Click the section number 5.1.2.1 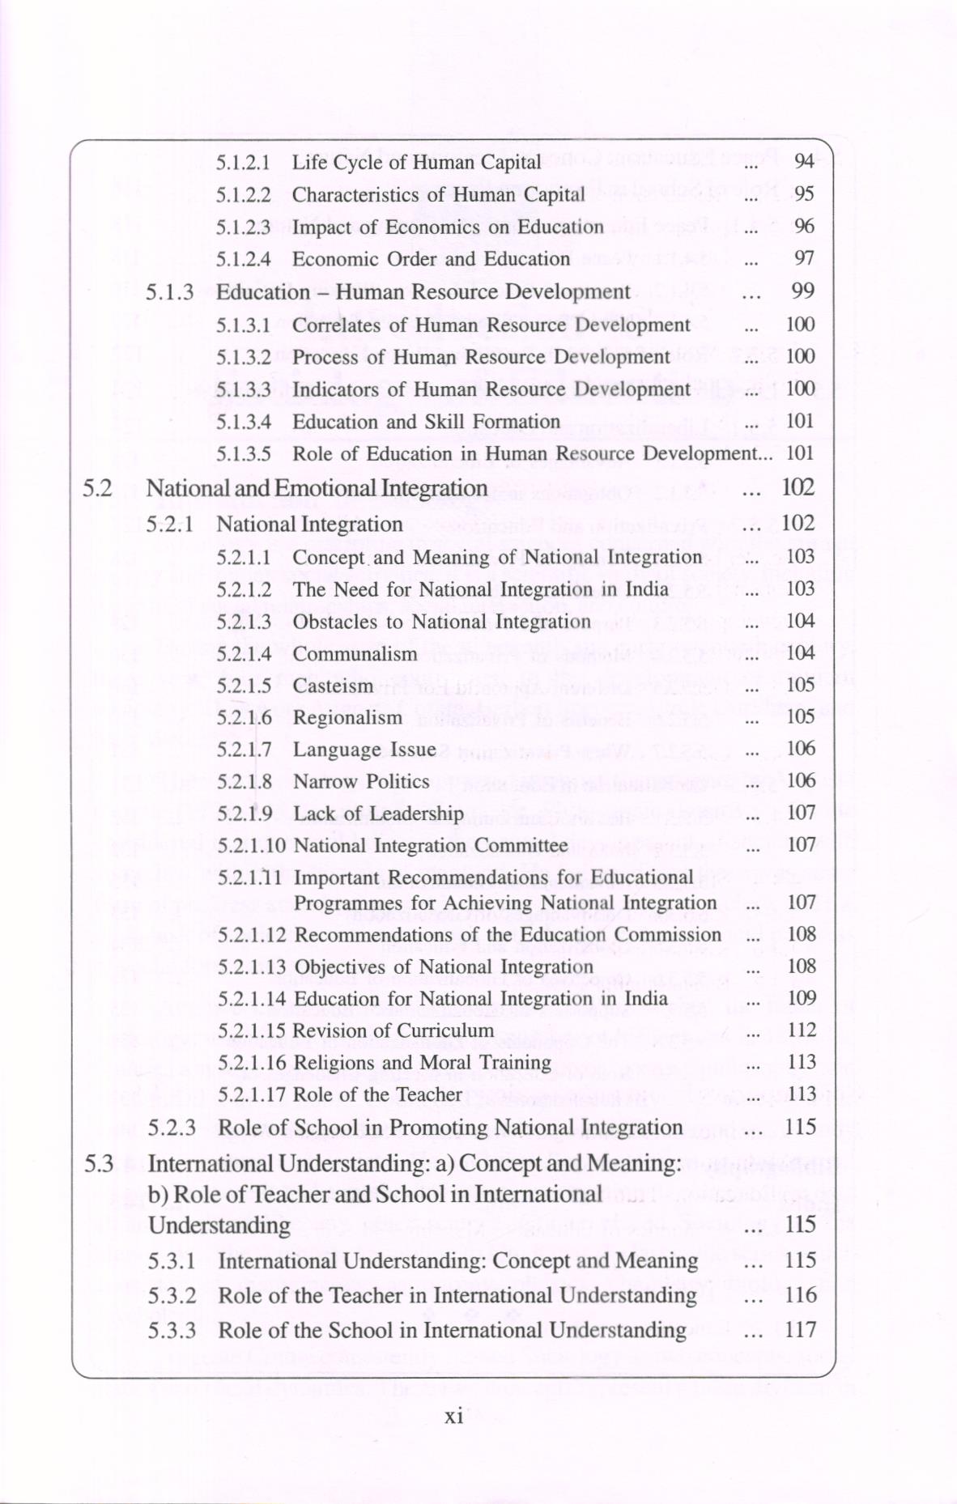[x=243, y=163]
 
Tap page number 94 [x=803, y=162]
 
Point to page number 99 [x=802, y=291]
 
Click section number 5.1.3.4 [x=243, y=422]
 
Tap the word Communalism [x=355, y=654]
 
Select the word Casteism [x=333, y=686]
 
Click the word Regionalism [x=347, y=718]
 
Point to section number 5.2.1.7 [x=244, y=750]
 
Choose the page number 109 [x=802, y=998]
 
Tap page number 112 [x=802, y=1030]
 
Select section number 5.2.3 [x=172, y=1128]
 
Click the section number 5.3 [x=99, y=1164]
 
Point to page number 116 [x=801, y=1295]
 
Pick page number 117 [x=801, y=1330]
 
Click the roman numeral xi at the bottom [x=454, y=1416]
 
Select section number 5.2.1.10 [x=251, y=846]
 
